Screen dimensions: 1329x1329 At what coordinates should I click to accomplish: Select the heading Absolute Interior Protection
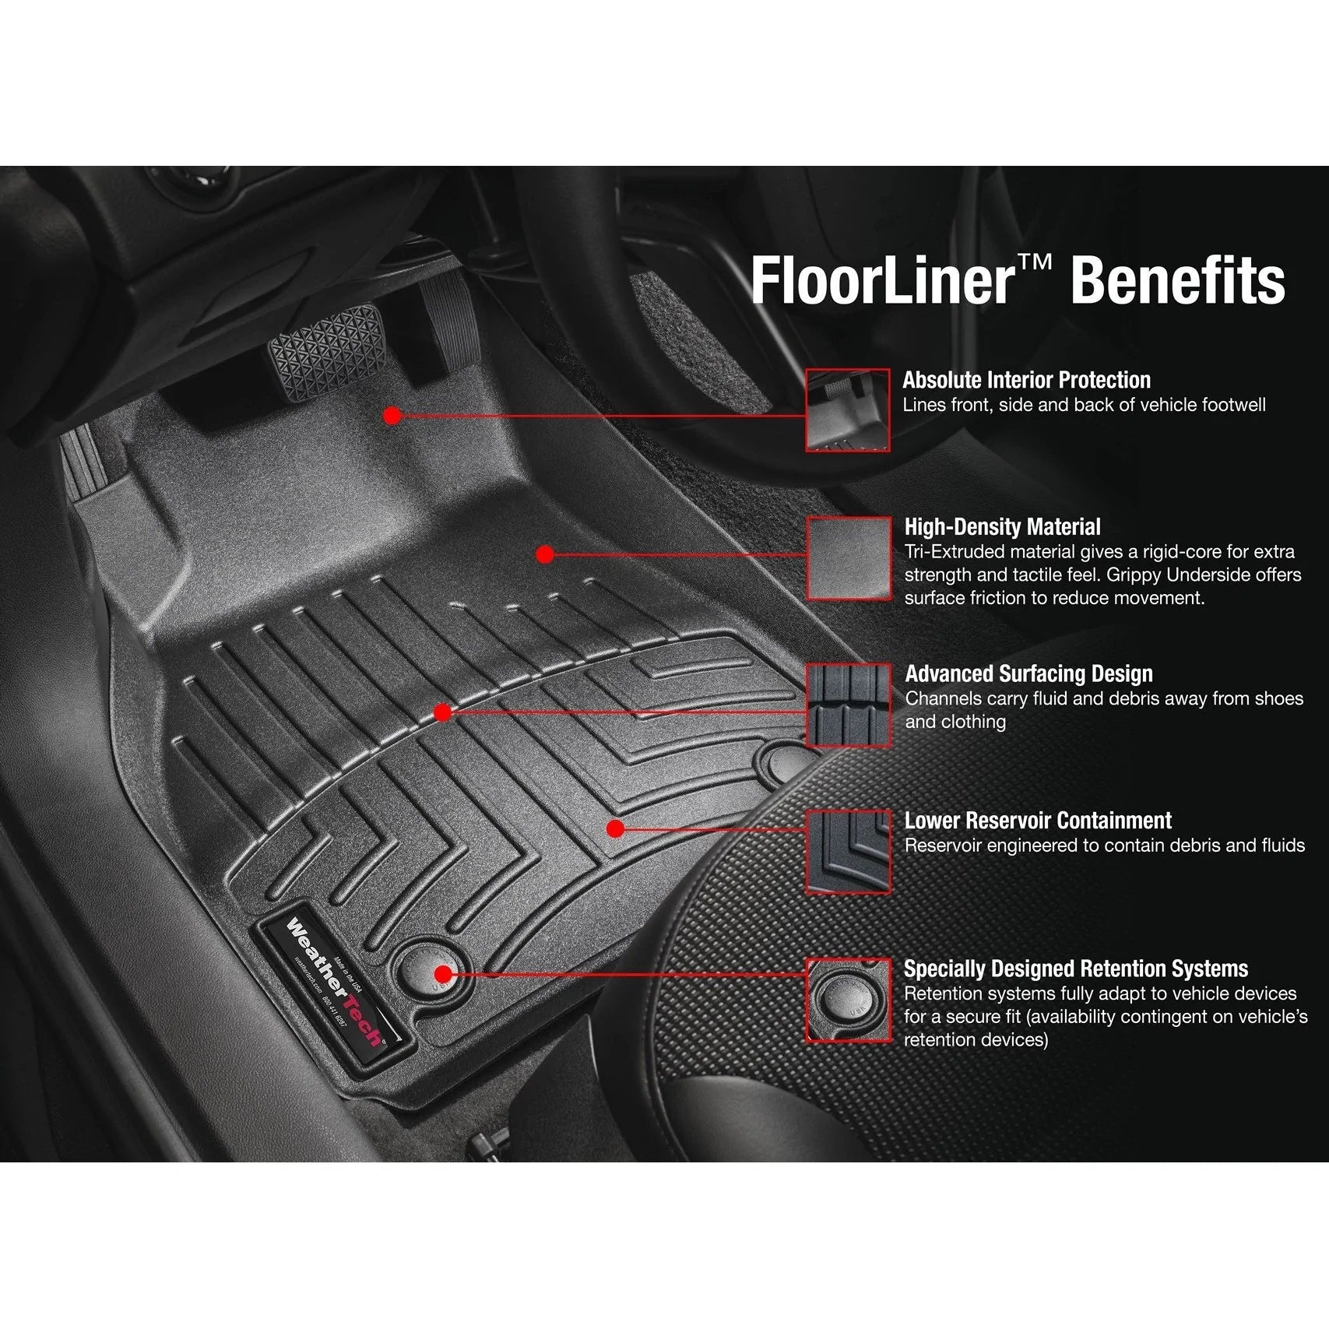(1026, 380)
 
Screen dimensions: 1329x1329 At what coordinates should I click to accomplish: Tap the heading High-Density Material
(1002, 527)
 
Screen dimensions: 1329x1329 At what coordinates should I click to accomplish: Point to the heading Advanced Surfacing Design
(1028, 673)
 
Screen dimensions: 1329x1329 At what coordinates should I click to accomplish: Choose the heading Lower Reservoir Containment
(1038, 821)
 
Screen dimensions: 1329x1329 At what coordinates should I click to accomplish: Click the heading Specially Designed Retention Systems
(1075, 969)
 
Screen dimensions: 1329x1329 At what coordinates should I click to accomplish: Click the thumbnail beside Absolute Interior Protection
(847, 410)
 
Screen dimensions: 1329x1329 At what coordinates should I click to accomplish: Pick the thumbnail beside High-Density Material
(849, 557)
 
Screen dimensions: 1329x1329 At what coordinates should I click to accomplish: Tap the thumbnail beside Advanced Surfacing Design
(849, 705)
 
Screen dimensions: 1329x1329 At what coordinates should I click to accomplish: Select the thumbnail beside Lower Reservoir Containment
(849, 851)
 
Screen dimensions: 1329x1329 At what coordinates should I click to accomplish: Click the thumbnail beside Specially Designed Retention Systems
(848, 1000)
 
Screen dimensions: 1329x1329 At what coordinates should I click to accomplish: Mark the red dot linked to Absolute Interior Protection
(392, 416)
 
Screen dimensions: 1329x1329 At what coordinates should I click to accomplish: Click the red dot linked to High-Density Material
(545, 554)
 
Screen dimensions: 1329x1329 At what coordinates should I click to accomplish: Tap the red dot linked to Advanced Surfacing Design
(442, 712)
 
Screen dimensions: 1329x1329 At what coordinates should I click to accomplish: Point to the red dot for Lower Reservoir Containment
(615, 828)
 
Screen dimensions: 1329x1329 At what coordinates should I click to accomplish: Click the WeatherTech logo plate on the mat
(336, 983)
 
